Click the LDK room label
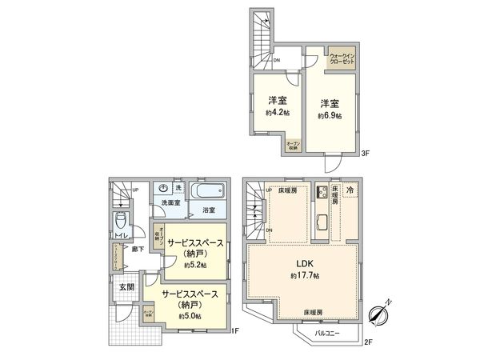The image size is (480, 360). point(305,264)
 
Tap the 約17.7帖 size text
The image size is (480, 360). point(305,276)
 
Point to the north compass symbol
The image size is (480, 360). point(380,314)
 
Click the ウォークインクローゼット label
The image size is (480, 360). point(342,59)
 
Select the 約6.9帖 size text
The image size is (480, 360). point(329,117)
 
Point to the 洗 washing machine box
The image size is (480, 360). point(178,188)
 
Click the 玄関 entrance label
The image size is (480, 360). point(126,286)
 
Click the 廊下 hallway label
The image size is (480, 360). point(138,250)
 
